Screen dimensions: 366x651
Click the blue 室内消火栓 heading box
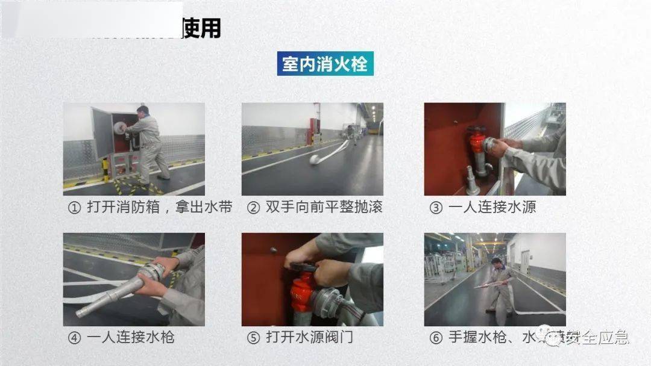coord(325,63)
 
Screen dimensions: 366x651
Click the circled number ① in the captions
coord(74,208)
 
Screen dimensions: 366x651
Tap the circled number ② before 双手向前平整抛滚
coord(254,208)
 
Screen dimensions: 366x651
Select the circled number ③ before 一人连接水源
coord(436,208)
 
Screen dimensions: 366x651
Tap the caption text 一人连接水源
coord(492,208)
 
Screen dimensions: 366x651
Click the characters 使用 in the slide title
coord(201,28)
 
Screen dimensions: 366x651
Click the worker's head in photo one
coord(142,111)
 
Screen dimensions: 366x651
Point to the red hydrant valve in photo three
coord(478,143)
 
